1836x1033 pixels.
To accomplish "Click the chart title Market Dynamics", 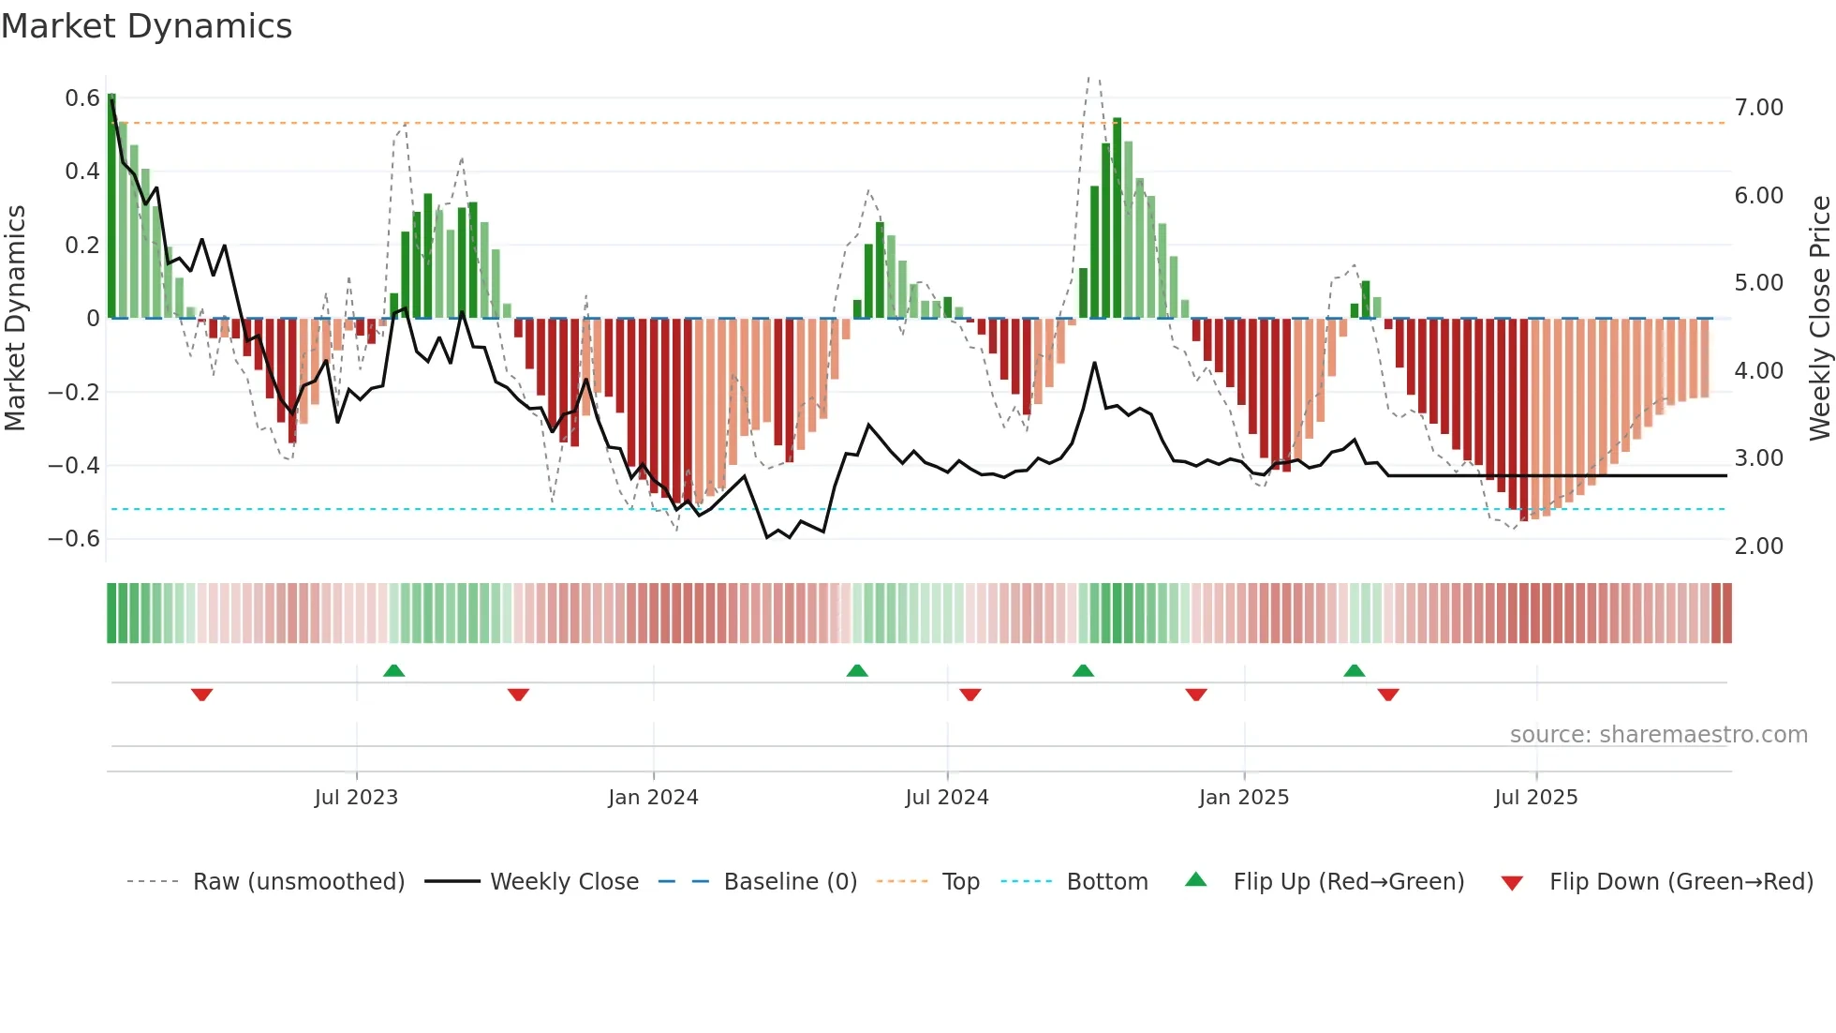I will [147, 26].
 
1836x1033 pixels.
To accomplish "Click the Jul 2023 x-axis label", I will [356, 798].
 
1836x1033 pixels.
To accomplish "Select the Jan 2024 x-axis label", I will [653, 798].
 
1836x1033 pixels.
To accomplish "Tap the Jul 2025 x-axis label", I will [1535, 798].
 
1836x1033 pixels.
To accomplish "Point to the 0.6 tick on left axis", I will [82, 98].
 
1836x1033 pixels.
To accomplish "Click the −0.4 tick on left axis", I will [74, 466].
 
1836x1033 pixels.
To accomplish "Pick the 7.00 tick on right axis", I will [1758, 108].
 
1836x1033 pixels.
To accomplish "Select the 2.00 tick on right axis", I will [1758, 546].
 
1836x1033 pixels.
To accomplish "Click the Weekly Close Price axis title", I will [1819, 318].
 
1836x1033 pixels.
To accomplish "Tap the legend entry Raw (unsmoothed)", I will [299, 882].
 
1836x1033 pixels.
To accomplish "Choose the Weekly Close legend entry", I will [564, 882].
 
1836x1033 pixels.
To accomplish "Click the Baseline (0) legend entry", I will [790, 882].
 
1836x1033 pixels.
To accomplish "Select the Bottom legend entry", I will [1106, 882].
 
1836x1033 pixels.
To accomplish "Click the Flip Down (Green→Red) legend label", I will [1681, 882].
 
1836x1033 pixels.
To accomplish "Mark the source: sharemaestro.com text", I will [1658, 735].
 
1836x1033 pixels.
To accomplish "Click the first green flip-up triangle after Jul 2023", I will [393, 670].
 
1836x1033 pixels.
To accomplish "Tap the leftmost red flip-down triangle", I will [201, 695].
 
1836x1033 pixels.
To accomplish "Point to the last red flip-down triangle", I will [1388, 695].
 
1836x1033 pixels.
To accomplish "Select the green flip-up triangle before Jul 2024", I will [857, 670].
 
